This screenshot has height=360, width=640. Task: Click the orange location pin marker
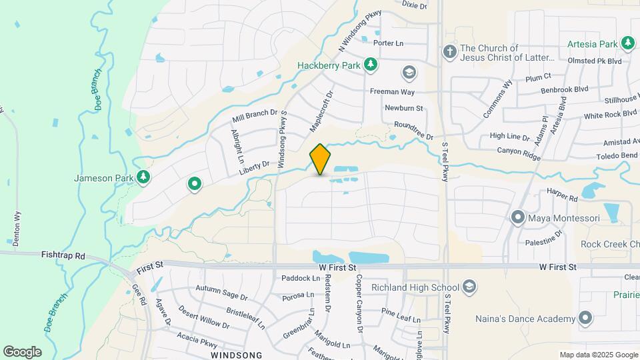321,159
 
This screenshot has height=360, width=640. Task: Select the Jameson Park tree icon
142,177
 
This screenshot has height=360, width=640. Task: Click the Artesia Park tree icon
627,43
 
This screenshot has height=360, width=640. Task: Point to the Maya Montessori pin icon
518,217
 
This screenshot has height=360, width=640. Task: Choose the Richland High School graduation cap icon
469,287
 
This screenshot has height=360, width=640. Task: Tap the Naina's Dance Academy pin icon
585,318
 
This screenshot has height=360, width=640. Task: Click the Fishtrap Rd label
64,255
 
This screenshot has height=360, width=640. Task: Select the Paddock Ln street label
300,278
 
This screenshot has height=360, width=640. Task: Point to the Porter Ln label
389,43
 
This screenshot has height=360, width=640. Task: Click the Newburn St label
404,107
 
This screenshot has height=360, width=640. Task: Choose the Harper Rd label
562,198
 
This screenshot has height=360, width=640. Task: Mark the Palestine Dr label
544,241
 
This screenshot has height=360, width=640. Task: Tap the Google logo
22,351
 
